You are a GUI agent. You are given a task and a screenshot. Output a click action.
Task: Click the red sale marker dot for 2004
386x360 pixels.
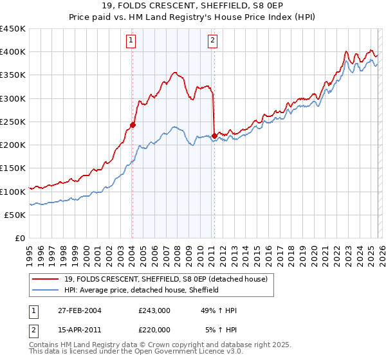133,125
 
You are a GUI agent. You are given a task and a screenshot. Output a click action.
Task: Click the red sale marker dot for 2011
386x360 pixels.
214,136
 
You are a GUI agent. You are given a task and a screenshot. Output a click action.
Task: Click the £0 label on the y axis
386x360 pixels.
21,238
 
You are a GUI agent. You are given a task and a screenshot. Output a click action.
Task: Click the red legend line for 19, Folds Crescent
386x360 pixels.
46,278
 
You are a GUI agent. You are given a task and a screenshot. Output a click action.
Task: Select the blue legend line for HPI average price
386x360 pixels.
46,290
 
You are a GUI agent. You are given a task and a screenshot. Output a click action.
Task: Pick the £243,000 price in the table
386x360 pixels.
154,310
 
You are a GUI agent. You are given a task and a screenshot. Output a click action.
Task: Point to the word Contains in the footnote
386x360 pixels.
45,346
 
